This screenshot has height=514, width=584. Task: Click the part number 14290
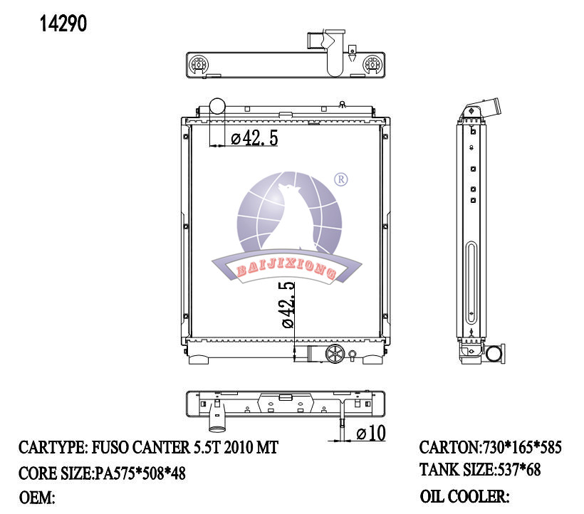[x=63, y=23]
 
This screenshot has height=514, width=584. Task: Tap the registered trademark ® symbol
[x=341, y=179]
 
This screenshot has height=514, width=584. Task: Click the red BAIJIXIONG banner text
[x=286, y=269]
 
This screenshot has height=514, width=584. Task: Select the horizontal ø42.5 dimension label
[x=254, y=138]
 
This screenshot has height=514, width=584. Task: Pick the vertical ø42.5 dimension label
[x=288, y=305]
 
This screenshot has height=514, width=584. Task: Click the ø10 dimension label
[x=371, y=433]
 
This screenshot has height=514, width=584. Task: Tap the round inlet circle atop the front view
[x=217, y=105]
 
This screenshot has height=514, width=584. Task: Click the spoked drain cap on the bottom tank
[x=335, y=353]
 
